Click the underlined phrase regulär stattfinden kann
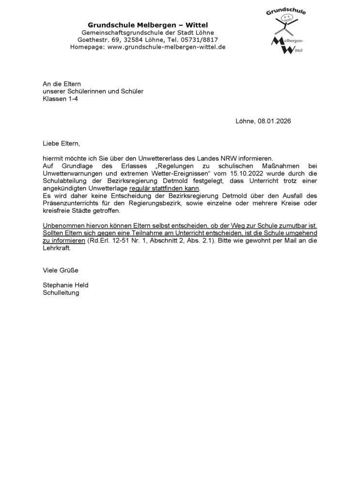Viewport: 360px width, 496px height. click(161, 188)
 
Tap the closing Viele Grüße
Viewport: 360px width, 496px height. click(61, 270)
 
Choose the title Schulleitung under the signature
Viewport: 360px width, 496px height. click(61, 293)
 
